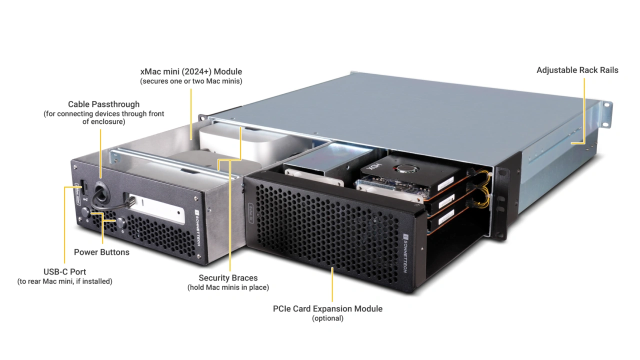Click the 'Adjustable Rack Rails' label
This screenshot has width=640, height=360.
click(x=577, y=70)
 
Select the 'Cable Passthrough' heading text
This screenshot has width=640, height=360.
click(x=103, y=104)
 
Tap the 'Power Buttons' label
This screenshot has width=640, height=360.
click(x=101, y=252)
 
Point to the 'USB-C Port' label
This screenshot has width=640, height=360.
click(x=64, y=271)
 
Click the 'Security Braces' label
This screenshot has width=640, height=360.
click(x=228, y=278)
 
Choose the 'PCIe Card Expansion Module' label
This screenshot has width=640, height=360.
click(x=327, y=308)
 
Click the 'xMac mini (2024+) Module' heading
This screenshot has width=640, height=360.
click(x=191, y=71)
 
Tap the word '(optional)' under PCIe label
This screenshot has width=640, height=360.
click(x=327, y=318)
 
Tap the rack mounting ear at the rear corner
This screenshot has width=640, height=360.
click(x=606, y=114)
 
